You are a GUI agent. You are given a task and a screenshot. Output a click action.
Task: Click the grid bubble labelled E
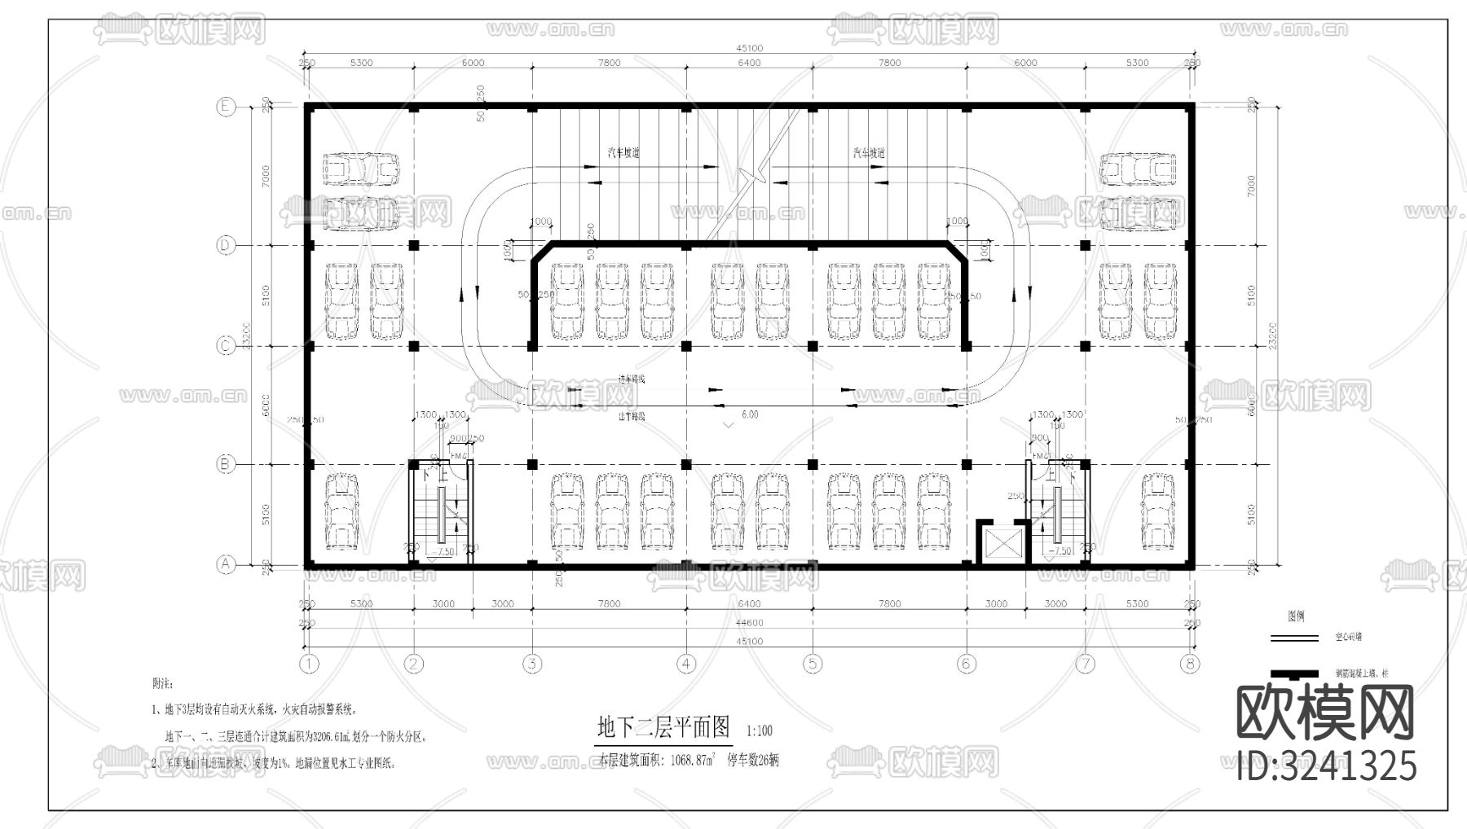225,107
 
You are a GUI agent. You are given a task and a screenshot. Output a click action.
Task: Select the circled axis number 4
686,664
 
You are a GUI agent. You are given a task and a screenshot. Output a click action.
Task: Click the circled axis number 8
1191,664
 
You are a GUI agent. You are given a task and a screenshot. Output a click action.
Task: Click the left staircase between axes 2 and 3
441,513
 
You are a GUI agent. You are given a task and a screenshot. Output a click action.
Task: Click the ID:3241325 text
1326,766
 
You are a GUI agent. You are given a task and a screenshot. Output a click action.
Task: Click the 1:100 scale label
758,731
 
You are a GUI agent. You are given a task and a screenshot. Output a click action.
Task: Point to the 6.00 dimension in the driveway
749,414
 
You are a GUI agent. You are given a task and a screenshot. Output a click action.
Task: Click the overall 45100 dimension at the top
749,48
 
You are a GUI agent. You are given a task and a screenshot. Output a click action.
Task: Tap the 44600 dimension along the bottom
749,623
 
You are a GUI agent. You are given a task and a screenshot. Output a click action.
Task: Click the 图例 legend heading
1295,616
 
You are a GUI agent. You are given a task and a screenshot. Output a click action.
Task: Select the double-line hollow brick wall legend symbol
1293,638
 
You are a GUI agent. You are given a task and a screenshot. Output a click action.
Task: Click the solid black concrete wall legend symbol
1293,673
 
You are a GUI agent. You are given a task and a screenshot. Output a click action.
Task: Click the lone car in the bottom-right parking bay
1157,511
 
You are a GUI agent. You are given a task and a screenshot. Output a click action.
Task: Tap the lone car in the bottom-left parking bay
341,511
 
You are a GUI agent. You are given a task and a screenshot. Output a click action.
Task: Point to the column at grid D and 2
413,245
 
